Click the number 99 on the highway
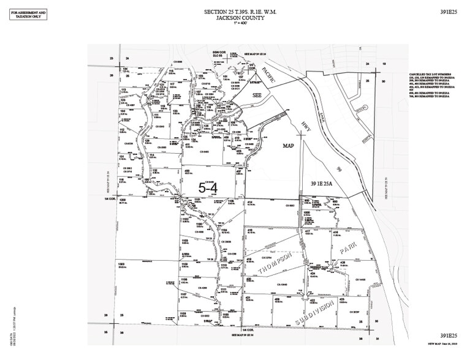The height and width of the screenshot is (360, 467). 338,168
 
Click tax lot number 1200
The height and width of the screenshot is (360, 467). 122,200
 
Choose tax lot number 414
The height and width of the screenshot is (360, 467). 249,201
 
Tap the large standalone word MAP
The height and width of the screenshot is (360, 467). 289,147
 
